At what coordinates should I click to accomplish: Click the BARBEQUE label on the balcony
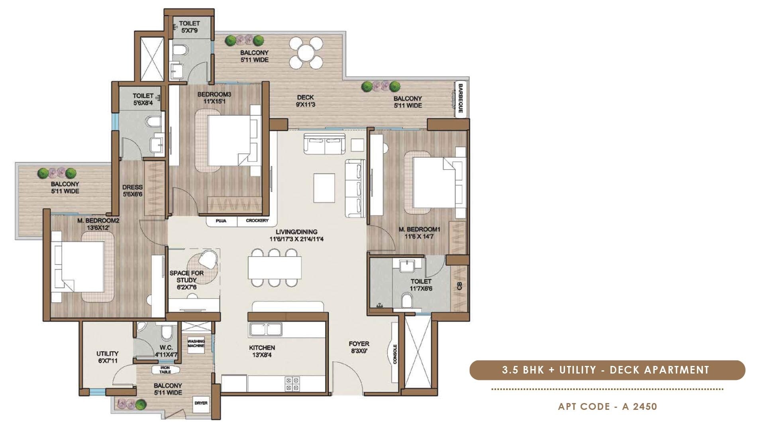pyautogui.click(x=461, y=98)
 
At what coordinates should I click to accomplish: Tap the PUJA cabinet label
pyautogui.click(x=221, y=221)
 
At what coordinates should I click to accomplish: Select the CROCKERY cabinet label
pyautogui.click(x=257, y=221)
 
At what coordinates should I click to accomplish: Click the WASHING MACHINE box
pyautogui.click(x=196, y=343)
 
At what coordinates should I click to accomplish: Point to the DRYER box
pyautogui.click(x=201, y=403)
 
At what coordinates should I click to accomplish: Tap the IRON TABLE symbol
pyautogui.click(x=165, y=370)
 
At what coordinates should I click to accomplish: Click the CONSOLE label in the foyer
pyautogui.click(x=395, y=354)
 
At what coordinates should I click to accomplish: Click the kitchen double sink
pyautogui.click(x=266, y=329)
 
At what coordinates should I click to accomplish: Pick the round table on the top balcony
pyautogui.click(x=306, y=52)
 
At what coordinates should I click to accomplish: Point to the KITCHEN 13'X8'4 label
pyautogui.click(x=262, y=351)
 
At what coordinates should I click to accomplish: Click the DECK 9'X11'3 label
pyautogui.click(x=305, y=101)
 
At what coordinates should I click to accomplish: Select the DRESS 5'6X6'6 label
pyautogui.click(x=132, y=190)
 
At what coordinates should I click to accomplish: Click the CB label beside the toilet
pyautogui.click(x=459, y=286)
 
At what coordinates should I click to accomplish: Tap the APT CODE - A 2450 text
pyautogui.click(x=607, y=407)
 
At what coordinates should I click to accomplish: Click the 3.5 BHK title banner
pyautogui.click(x=607, y=370)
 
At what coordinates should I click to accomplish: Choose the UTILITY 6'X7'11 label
pyautogui.click(x=107, y=357)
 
